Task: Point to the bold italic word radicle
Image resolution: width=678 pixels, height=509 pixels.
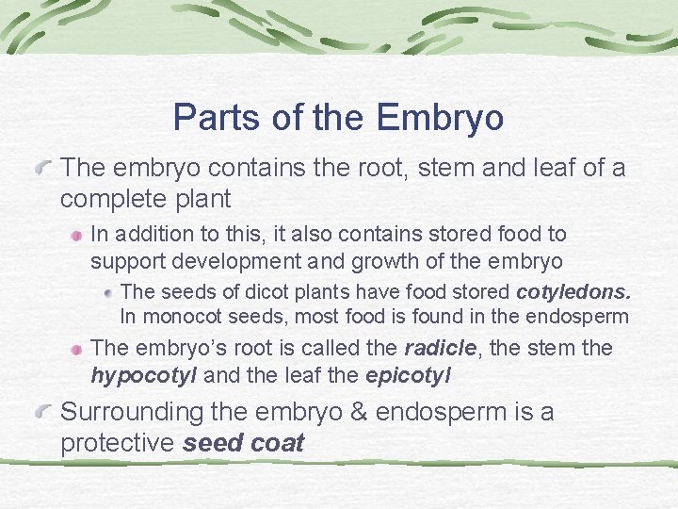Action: [x=439, y=349]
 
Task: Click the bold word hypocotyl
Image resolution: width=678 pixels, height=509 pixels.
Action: [x=143, y=376]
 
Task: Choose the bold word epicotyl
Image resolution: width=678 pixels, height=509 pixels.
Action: [x=407, y=376]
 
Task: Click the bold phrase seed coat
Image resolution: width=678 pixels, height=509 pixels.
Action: [x=243, y=444]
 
